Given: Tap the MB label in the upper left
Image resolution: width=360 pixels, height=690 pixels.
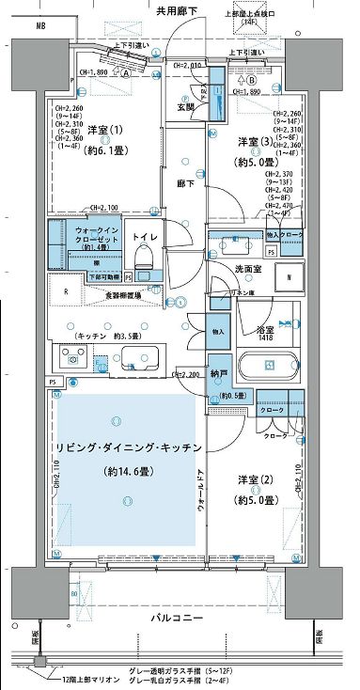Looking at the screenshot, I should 40,26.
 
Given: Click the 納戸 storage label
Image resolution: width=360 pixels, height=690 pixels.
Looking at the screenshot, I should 218,372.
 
